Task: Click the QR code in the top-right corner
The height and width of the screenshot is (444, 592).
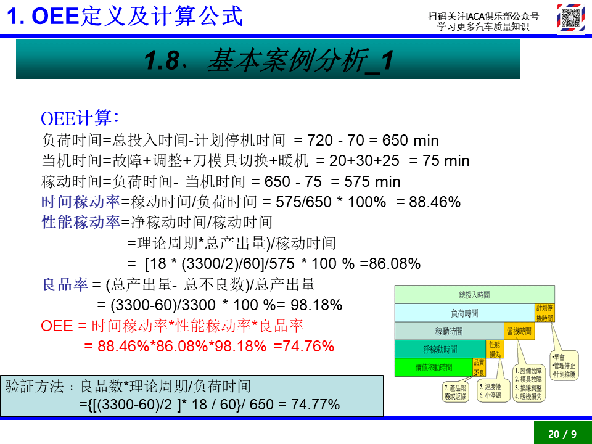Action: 570,18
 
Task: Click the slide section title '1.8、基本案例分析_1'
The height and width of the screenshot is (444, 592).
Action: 268,60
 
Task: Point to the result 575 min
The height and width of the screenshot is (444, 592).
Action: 377,182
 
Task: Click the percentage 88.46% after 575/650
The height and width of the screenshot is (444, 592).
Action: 437,202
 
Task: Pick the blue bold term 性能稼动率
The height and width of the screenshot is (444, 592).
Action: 81,223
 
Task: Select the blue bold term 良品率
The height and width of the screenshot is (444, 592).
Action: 65,285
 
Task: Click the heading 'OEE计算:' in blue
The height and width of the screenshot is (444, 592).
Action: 80,118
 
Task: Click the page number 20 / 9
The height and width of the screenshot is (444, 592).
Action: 562,434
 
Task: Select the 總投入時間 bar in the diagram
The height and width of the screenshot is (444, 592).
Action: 474,295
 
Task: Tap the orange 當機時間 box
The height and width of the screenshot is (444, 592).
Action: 519,331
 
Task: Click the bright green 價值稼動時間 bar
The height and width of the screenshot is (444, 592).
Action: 433,368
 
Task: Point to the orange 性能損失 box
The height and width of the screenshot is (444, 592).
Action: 495,349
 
